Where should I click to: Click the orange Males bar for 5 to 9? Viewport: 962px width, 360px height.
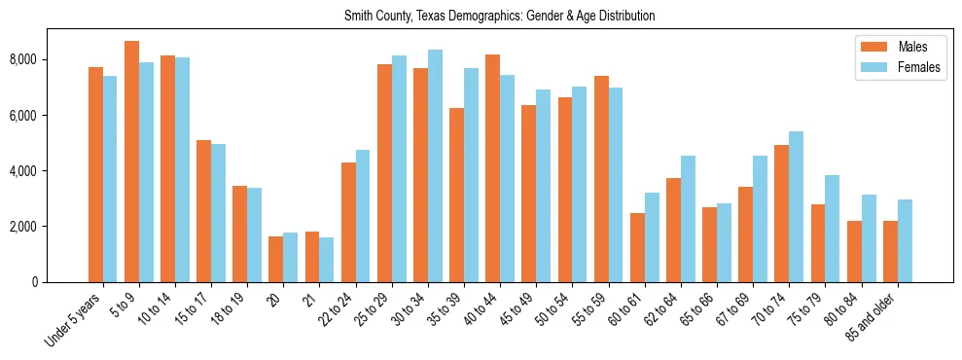pos(131,162)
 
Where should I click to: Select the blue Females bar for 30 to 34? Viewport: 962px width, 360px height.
pos(436,165)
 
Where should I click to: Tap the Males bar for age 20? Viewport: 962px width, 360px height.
pos(276,259)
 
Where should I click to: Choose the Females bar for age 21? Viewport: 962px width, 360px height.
pos(327,260)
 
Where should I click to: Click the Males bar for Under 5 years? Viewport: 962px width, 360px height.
pos(95,174)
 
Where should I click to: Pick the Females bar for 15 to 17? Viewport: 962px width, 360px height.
pos(219,213)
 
